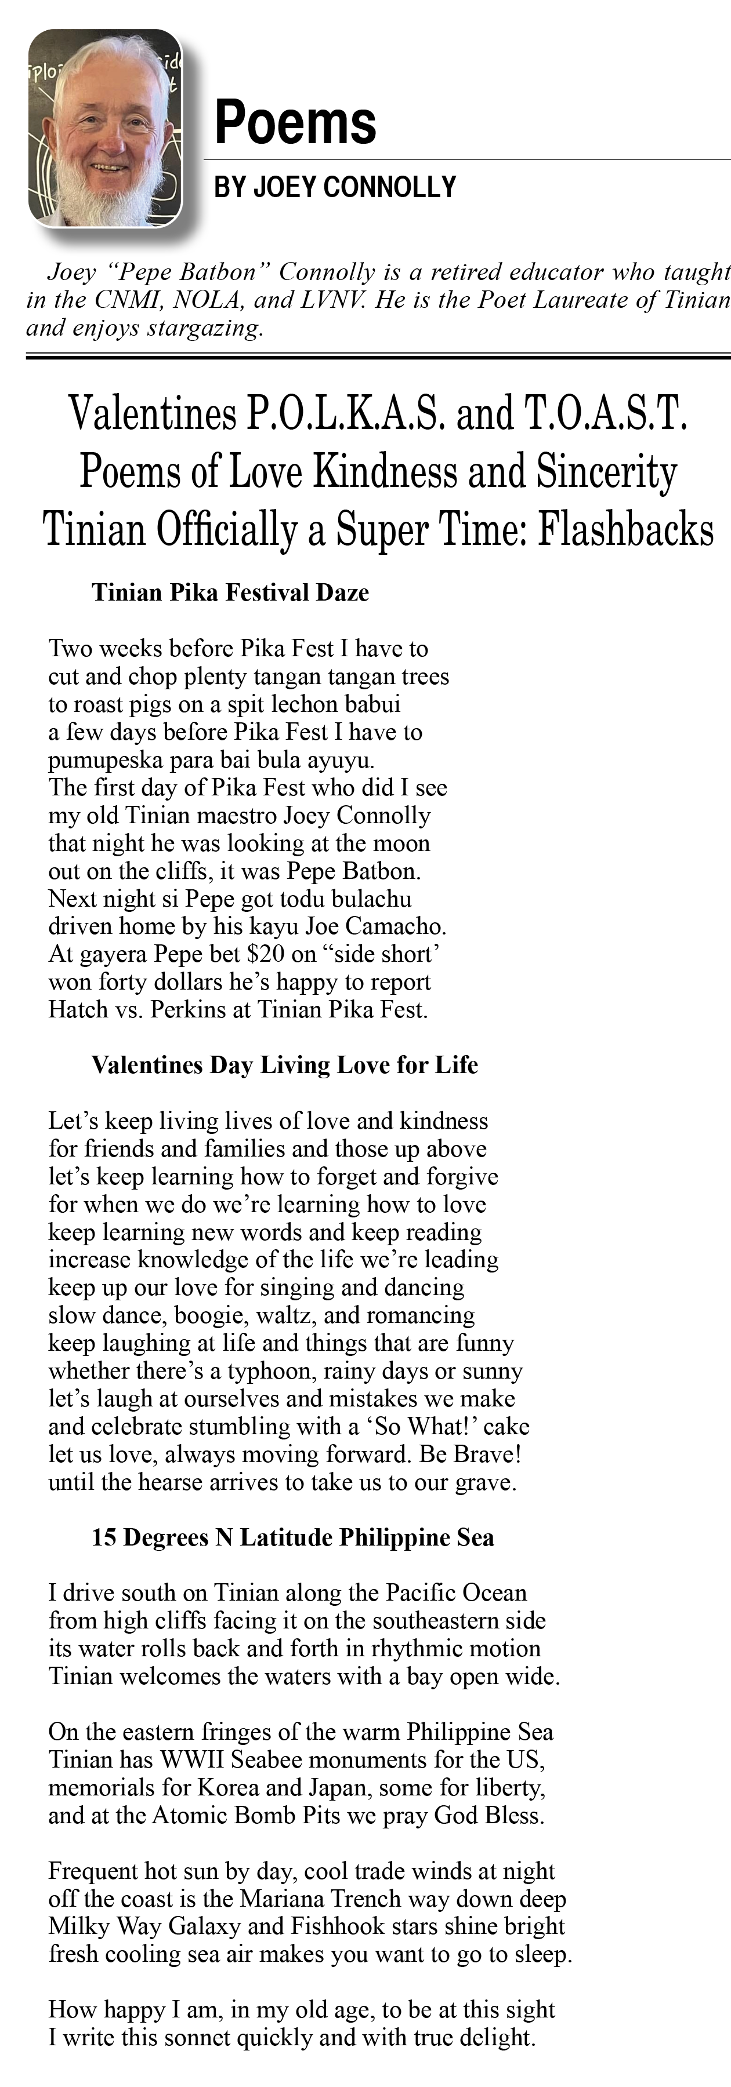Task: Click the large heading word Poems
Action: [x=295, y=123]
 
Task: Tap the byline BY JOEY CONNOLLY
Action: [x=335, y=187]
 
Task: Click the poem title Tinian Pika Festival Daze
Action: [x=230, y=592]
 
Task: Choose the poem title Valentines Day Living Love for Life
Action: [x=284, y=1064]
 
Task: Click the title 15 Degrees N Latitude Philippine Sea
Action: [x=292, y=1537]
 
